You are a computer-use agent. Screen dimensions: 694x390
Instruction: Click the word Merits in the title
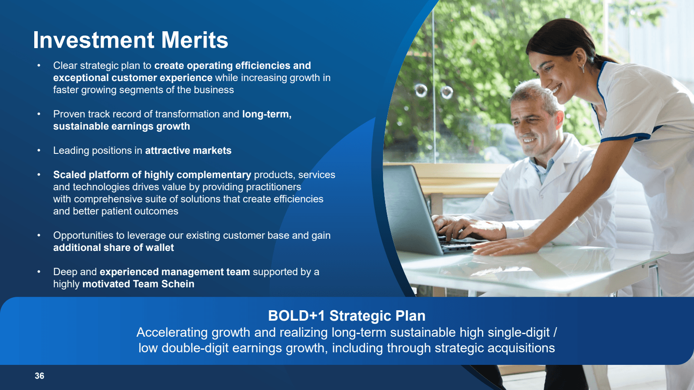pyautogui.click(x=195, y=40)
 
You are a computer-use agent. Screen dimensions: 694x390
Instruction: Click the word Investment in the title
pyautogui.click(x=94, y=40)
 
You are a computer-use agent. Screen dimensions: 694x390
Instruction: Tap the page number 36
pyautogui.click(x=39, y=376)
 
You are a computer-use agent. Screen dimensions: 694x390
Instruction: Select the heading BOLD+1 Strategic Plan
pyautogui.click(x=347, y=316)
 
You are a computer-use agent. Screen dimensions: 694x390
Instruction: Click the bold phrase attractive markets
pyautogui.click(x=188, y=150)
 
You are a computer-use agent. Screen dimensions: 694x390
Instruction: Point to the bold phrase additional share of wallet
pyautogui.click(x=113, y=247)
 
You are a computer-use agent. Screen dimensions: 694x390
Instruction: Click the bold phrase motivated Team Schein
pyautogui.click(x=138, y=284)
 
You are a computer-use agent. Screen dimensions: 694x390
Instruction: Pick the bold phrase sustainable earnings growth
pyautogui.click(x=121, y=126)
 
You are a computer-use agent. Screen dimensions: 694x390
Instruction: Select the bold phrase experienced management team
pyautogui.click(x=175, y=272)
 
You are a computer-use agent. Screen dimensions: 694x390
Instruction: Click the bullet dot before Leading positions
pyautogui.click(x=39, y=150)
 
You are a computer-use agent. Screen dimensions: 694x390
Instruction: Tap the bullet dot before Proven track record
pyautogui.click(x=39, y=114)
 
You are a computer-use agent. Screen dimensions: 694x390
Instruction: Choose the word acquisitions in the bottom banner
pyautogui.click(x=521, y=348)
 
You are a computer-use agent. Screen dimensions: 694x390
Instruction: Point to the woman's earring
pyautogui.click(x=583, y=68)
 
